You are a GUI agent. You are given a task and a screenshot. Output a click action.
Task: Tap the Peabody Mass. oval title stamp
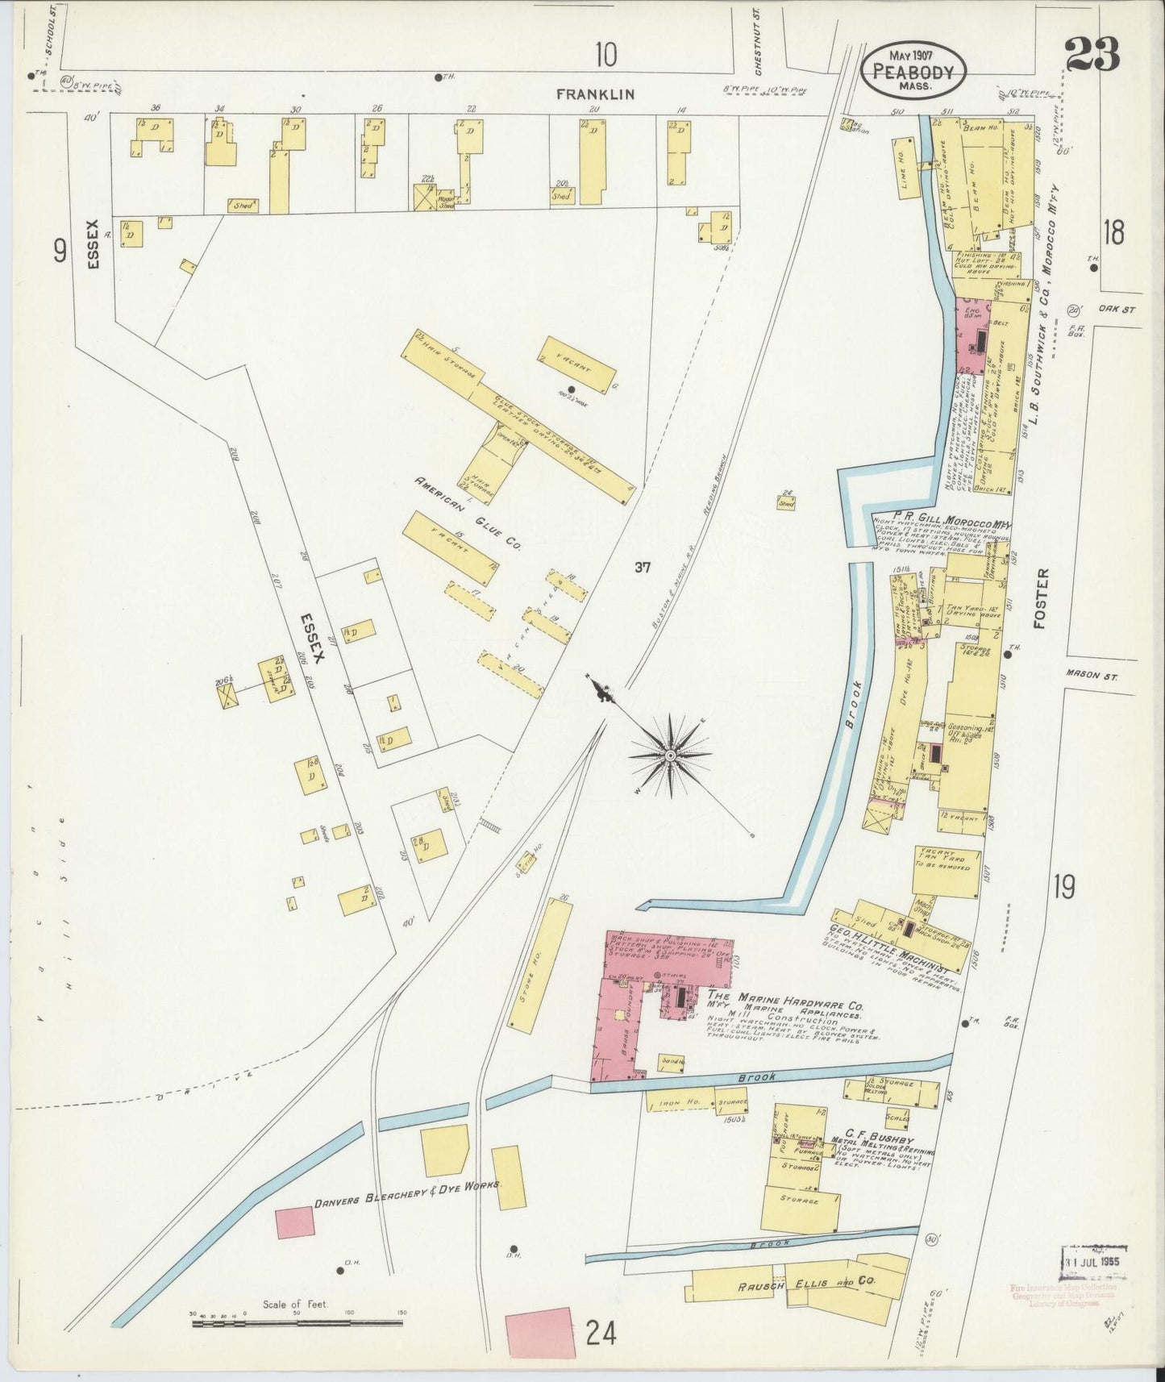pyautogui.click(x=911, y=70)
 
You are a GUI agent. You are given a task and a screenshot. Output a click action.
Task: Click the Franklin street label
pyautogui.click(x=596, y=94)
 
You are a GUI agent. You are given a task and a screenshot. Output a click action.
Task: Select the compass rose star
pyautogui.click(x=669, y=755)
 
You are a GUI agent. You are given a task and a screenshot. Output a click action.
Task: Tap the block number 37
pyautogui.click(x=642, y=568)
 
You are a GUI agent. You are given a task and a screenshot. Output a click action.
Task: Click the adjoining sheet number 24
pyautogui.click(x=601, y=1334)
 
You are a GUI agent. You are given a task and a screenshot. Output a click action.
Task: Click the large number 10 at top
pyautogui.click(x=606, y=55)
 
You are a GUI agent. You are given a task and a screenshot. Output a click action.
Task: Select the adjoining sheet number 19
pyautogui.click(x=1063, y=887)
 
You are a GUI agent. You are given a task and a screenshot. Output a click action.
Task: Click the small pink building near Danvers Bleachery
pyautogui.click(x=294, y=1222)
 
